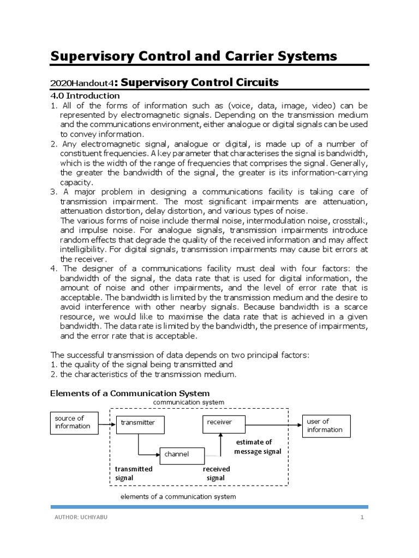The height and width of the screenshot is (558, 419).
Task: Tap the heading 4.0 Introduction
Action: coord(85,96)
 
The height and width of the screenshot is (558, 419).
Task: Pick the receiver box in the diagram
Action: coord(224,422)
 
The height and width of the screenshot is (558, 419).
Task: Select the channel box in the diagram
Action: coord(182,454)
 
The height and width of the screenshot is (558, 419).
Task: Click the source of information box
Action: coord(74,422)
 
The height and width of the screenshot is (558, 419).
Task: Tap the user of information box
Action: coord(326,426)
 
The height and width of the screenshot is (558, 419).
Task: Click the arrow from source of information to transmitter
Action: coord(107,423)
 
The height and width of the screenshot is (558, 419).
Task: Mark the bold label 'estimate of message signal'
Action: coord(258,447)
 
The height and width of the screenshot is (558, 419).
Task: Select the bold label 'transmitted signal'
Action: coord(134,474)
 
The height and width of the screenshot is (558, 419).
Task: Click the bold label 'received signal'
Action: coord(216,474)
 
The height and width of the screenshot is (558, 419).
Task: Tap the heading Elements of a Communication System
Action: coord(130,393)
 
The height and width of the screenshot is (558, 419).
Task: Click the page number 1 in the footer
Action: coord(361,517)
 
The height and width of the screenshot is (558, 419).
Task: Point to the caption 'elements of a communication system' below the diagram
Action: coord(178,496)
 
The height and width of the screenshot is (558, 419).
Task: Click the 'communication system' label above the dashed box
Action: coord(188,402)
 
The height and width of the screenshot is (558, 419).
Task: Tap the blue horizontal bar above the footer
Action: coord(209,507)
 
